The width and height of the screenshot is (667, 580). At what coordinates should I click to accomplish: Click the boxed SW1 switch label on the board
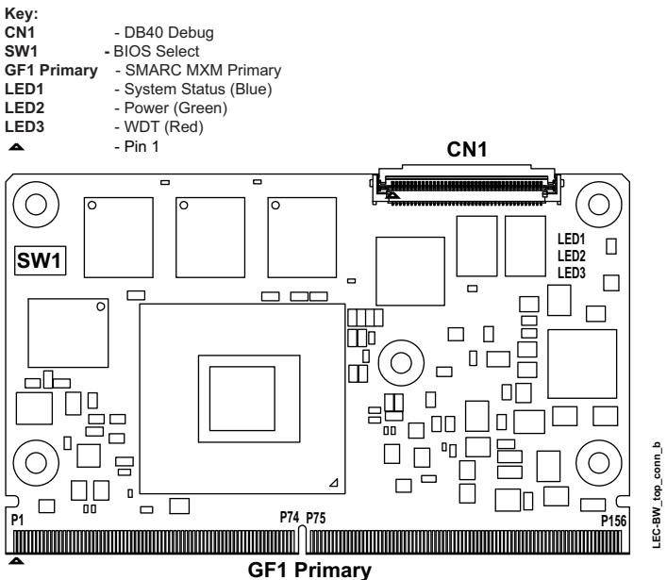point(40,260)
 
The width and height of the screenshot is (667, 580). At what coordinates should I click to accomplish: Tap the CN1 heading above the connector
point(467,150)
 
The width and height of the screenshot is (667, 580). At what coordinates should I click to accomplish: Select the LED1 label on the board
point(572,239)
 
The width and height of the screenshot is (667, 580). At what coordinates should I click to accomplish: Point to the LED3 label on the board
point(572,273)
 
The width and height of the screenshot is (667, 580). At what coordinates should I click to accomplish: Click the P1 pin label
point(17,520)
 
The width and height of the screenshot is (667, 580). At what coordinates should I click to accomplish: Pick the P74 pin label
point(290,517)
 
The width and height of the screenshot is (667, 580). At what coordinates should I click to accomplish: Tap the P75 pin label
point(316,518)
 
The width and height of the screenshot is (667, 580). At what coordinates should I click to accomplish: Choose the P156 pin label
point(613,521)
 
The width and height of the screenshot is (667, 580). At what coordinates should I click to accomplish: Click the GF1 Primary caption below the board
point(309,570)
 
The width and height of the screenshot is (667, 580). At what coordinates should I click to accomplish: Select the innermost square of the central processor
point(242,398)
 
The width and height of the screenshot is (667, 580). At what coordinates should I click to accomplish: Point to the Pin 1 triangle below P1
point(16,561)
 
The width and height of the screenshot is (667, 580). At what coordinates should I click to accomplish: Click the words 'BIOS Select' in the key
point(156,52)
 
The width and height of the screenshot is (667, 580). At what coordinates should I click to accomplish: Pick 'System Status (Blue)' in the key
point(198,90)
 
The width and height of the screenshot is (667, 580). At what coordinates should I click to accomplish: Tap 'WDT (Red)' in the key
point(164,126)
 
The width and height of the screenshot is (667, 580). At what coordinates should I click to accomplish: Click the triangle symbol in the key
point(16,147)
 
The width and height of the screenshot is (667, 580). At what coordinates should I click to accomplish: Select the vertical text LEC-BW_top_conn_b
point(658,495)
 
